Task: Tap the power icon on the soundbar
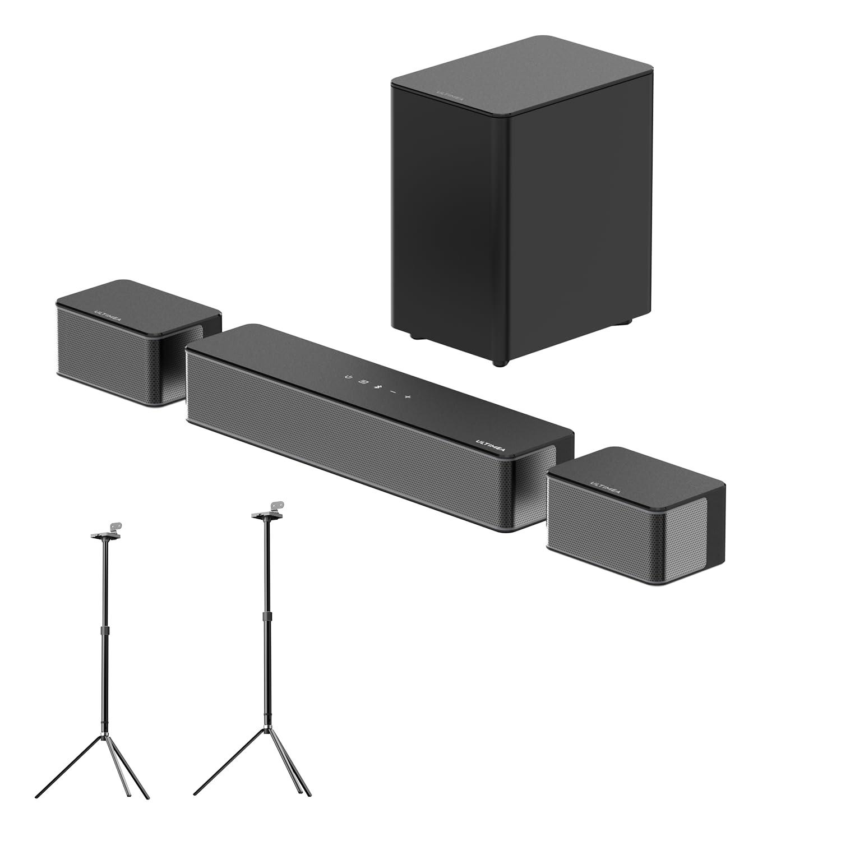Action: [x=349, y=377]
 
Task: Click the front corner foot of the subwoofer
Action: [x=497, y=363]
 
